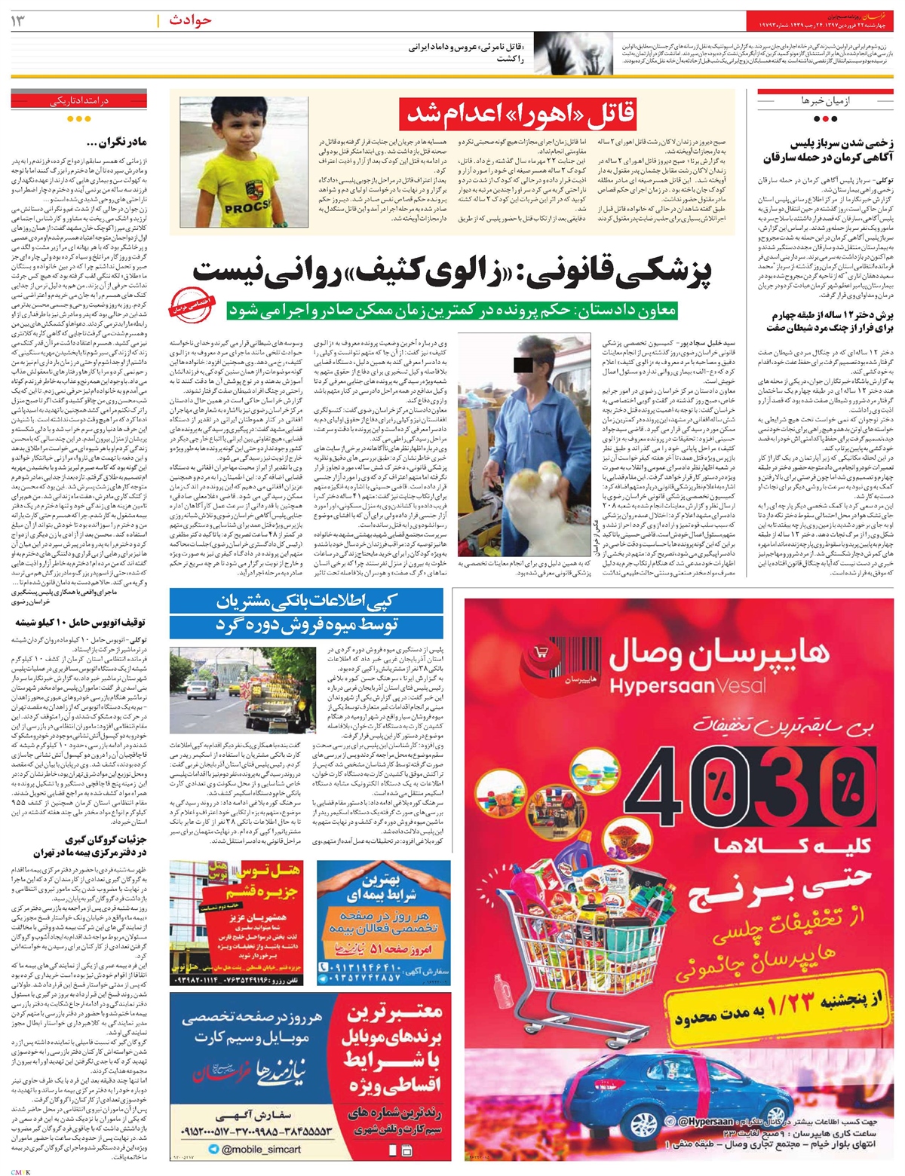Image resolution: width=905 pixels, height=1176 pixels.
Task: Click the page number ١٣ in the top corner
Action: pyautogui.click(x=19, y=20)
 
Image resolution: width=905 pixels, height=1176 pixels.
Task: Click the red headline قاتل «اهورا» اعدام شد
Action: pyautogui.click(x=520, y=114)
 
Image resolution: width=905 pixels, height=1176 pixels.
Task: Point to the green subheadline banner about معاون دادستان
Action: pyautogui.click(x=452, y=310)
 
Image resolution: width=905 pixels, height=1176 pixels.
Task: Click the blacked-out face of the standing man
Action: pyautogui.click(x=521, y=366)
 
